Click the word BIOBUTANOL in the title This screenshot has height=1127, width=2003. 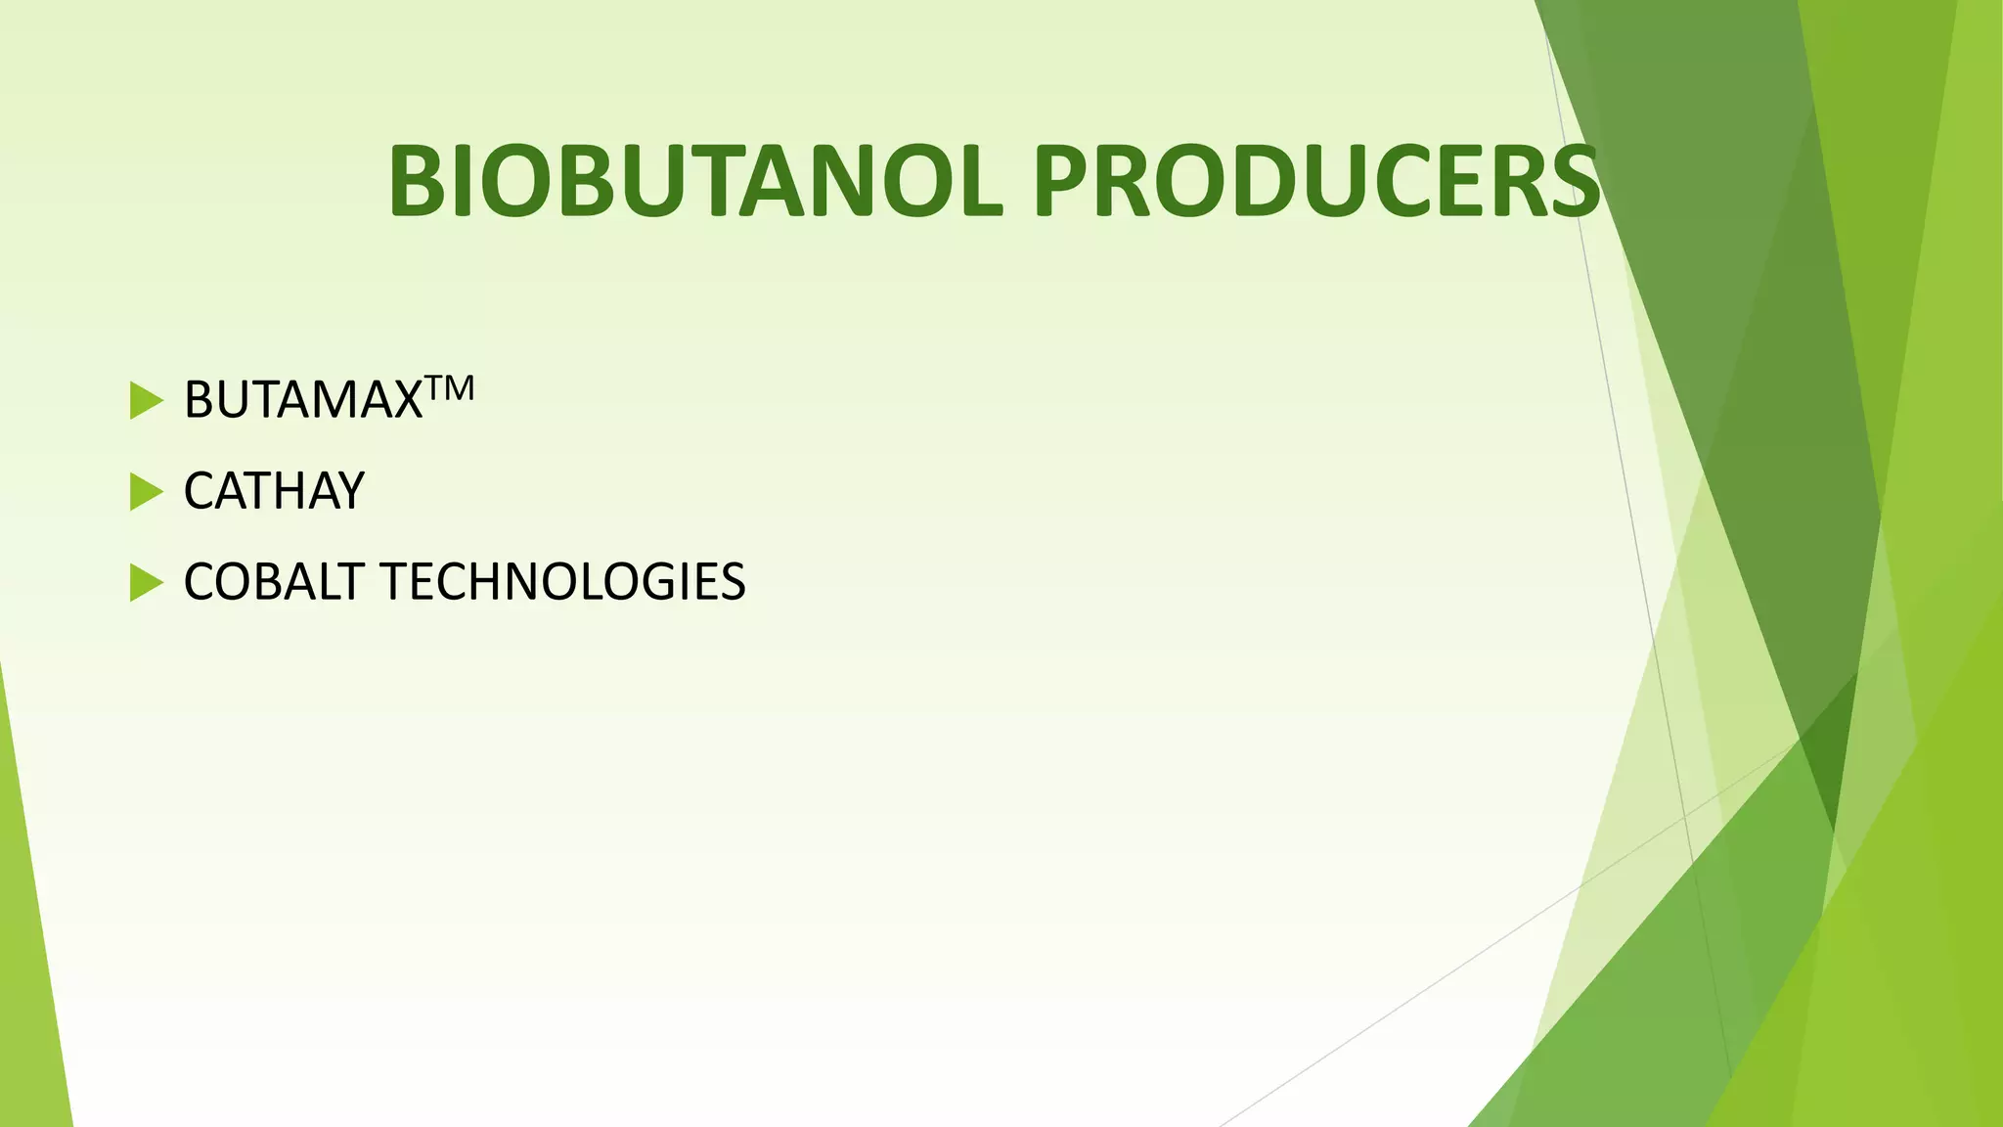click(x=695, y=182)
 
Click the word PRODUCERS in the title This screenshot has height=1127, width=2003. click(x=1315, y=182)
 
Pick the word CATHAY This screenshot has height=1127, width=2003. click(x=274, y=491)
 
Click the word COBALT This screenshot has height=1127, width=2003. click(x=274, y=582)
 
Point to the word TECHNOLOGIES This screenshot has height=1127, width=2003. click(x=562, y=582)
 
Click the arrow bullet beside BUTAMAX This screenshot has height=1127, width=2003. click(x=146, y=401)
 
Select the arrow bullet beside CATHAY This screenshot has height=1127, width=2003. click(x=146, y=492)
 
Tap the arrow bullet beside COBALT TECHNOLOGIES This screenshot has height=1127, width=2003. click(x=146, y=583)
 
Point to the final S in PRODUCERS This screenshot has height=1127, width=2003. click(x=1570, y=182)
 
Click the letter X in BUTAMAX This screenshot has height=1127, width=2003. click(x=403, y=400)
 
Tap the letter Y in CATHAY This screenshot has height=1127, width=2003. click(x=347, y=491)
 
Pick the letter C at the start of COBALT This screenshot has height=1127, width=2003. click(x=200, y=582)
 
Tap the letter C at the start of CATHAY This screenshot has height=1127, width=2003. click(x=200, y=491)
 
